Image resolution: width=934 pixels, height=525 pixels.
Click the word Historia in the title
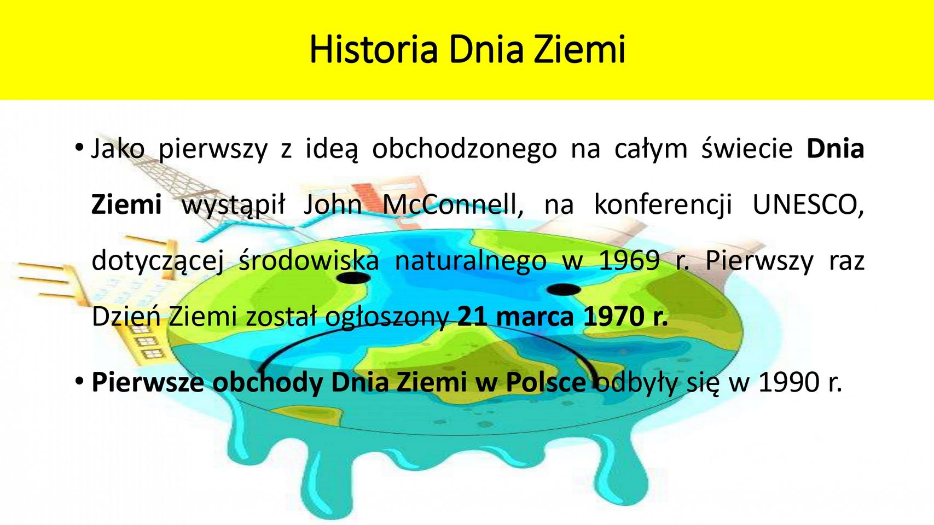pos(374,50)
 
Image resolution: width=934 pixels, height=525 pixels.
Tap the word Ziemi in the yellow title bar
pos(579,50)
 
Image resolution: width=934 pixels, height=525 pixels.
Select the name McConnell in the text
pos(453,205)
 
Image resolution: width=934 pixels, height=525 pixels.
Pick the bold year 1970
pos(612,318)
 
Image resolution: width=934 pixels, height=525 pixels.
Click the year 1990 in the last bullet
pos(790,382)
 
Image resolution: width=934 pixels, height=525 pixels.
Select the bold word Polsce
pos(546,382)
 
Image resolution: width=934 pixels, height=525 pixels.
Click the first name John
pos(333,205)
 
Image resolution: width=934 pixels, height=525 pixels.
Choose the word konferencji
pos(663,206)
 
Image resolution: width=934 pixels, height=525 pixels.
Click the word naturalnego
pos(471,261)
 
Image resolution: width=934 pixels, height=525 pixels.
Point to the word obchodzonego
pos(464,149)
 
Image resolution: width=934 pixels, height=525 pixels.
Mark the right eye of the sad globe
pos(564,290)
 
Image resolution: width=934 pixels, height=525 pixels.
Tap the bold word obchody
pos(267,382)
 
